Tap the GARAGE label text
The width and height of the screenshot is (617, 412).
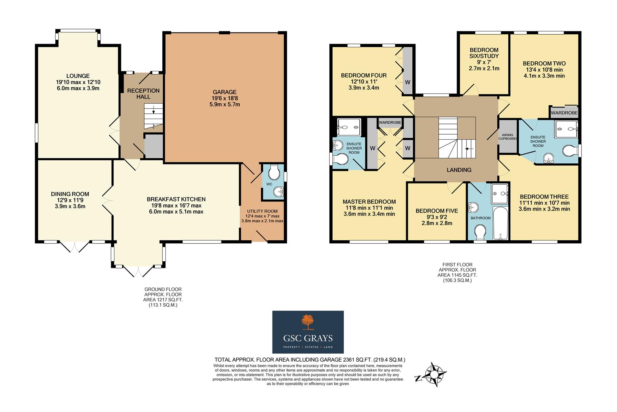pos(224,92)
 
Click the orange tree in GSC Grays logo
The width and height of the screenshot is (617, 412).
pos(308,322)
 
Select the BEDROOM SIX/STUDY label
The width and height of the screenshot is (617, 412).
pos(484,53)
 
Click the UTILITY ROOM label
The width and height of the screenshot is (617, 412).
pos(262,211)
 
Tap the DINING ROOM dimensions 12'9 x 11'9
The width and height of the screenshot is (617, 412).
pos(70,200)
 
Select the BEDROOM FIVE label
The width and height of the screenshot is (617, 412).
pos(437,211)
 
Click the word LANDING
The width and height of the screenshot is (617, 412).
pos(459,170)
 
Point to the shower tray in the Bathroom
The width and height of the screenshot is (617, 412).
pos(500,194)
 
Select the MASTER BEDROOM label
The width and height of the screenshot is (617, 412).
pos(369,202)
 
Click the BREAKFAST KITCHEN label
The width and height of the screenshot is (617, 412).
pos(176,199)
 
